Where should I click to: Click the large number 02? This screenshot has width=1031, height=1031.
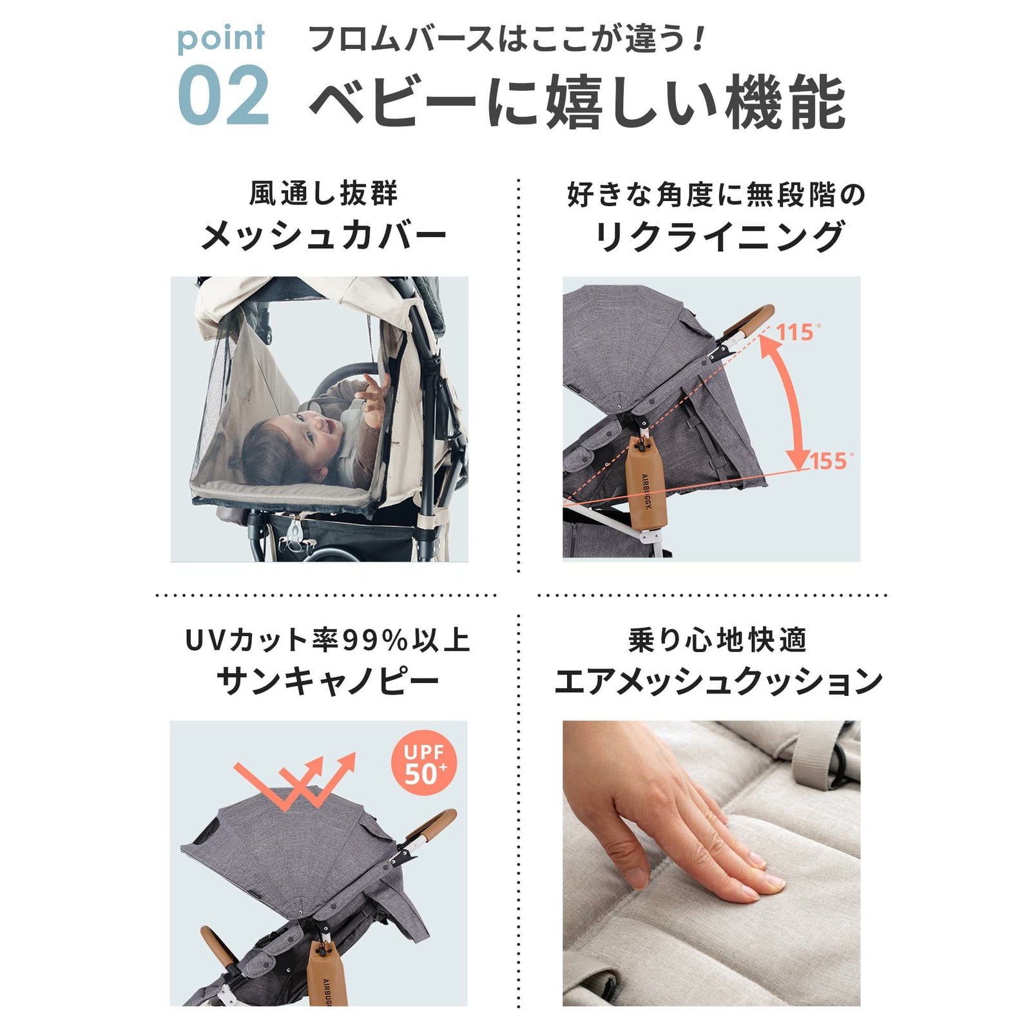click(x=223, y=95)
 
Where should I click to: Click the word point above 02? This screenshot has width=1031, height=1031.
click(x=220, y=38)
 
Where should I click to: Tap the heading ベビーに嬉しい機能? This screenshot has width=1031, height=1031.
click(x=577, y=102)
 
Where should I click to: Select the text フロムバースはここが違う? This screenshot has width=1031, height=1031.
click(x=508, y=39)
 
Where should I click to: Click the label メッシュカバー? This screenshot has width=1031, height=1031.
click(x=323, y=236)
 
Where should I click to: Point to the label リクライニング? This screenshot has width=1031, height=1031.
click(x=718, y=236)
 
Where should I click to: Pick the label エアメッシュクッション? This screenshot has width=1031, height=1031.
click(x=718, y=681)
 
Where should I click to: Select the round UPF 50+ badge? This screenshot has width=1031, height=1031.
click(x=423, y=763)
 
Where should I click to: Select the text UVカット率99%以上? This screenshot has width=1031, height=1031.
click(x=327, y=641)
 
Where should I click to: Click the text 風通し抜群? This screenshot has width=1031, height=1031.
click(x=323, y=194)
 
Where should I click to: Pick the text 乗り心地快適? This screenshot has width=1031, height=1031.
click(x=718, y=641)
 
